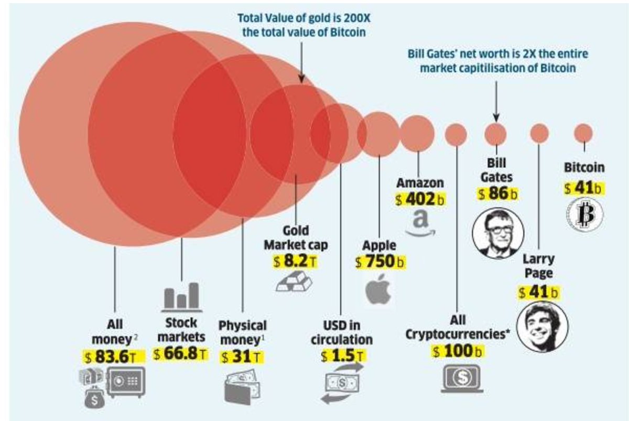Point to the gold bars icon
[294, 282]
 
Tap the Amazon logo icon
[420, 223]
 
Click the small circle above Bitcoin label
[583, 132]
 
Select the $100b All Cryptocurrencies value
[458, 352]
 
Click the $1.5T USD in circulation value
[341, 357]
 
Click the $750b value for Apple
[380, 263]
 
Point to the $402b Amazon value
[420, 200]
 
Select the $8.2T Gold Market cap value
[295, 261]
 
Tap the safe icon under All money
[125, 382]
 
